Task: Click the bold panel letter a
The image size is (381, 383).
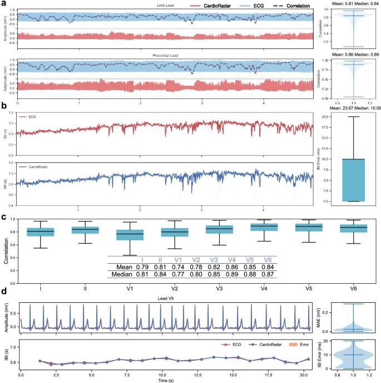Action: click(x=4, y=4)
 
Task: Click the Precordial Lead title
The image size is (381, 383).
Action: click(x=165, y=56)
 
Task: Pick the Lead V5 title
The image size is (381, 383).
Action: click(x=165, y=298)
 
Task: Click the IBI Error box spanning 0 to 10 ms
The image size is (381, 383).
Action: click(x=352, y=180)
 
